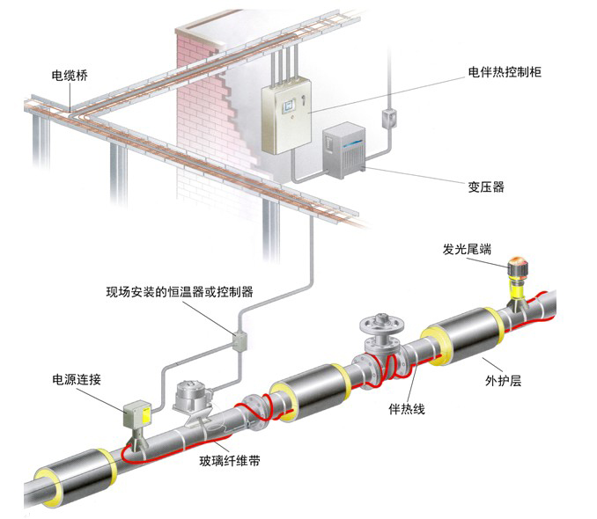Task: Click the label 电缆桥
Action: point(71,75)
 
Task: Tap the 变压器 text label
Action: point(485,186)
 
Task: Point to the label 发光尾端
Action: point(468,250)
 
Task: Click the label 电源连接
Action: point(77,380)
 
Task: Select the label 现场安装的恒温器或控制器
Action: point(179,291)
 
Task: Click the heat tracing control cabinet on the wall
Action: point(287,118)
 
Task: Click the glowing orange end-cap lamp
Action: point(517,262)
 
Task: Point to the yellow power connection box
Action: point(137,413)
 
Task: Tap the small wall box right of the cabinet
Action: point(387,117)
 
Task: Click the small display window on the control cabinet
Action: point(286,106)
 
